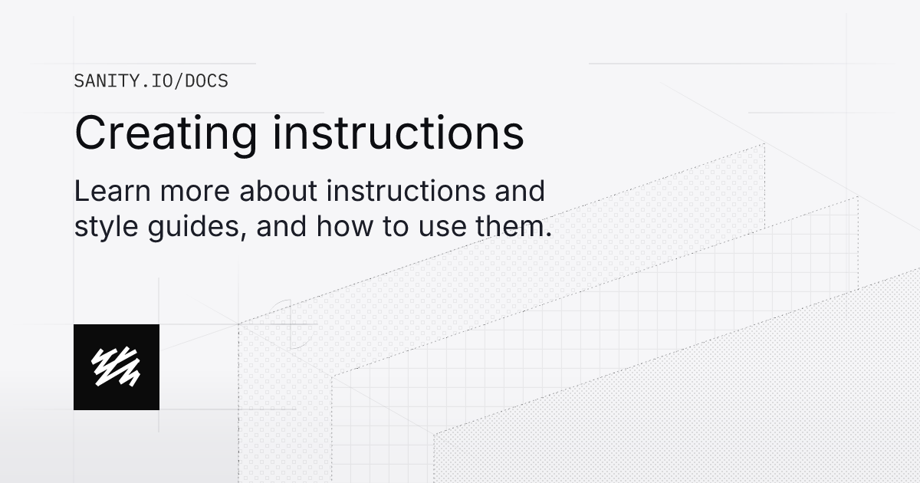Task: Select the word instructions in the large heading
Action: point(399,133)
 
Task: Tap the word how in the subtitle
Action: point(338,227)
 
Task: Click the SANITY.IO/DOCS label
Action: point(151,80)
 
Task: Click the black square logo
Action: point(117,366)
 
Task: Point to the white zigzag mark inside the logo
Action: point(116,366)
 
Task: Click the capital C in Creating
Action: point(90,133)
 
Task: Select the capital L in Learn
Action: point(80,191)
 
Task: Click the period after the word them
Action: point(548,235)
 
